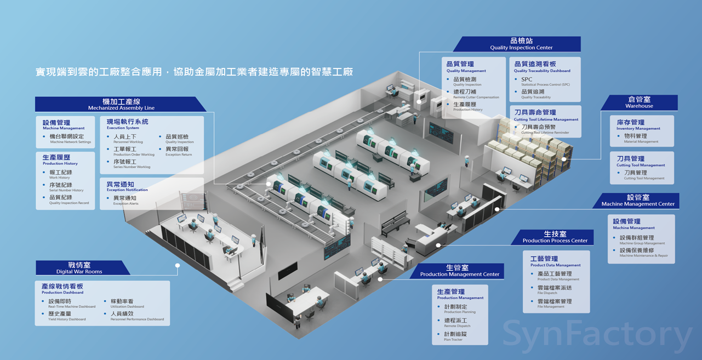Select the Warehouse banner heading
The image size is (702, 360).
point(639,102)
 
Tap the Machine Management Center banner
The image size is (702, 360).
point(637,201)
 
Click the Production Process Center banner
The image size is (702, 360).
point(555,237)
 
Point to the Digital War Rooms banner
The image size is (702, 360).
point(79,268)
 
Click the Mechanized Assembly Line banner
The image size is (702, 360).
point(121,104)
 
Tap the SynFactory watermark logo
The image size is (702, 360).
point(597,334)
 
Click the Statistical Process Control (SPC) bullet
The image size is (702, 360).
point(545,82)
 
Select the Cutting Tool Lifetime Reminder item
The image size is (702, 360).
point(545,129)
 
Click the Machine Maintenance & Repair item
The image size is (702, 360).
point(643,253)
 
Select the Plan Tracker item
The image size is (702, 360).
point(455,336)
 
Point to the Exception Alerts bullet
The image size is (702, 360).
point(125,201)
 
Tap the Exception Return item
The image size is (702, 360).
point(178,151)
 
